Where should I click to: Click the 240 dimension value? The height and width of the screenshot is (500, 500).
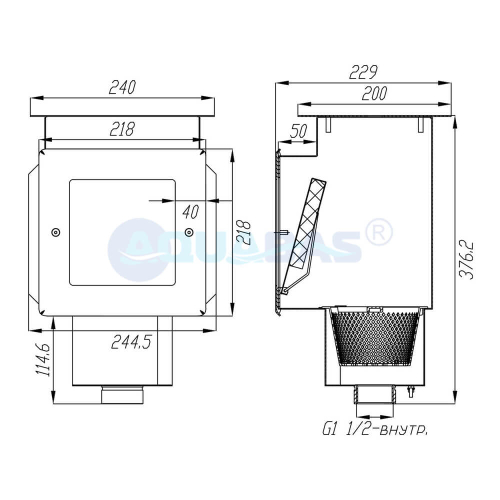[122, 87]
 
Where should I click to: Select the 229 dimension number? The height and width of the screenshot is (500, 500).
[363, 72]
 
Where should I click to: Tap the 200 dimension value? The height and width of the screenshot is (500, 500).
[374, 93]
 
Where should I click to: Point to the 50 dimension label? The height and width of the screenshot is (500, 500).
[298, 131]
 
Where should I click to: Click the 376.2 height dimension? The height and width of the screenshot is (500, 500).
[466, 259]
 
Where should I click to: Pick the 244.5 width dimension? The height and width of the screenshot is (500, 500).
[131, 342]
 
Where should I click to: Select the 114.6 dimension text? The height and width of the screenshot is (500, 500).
[43, 359]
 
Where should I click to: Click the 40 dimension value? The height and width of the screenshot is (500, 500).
[191, 212]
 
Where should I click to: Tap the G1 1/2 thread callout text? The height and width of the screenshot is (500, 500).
[375, 430]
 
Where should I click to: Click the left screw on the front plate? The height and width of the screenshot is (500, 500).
[56, 232]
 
